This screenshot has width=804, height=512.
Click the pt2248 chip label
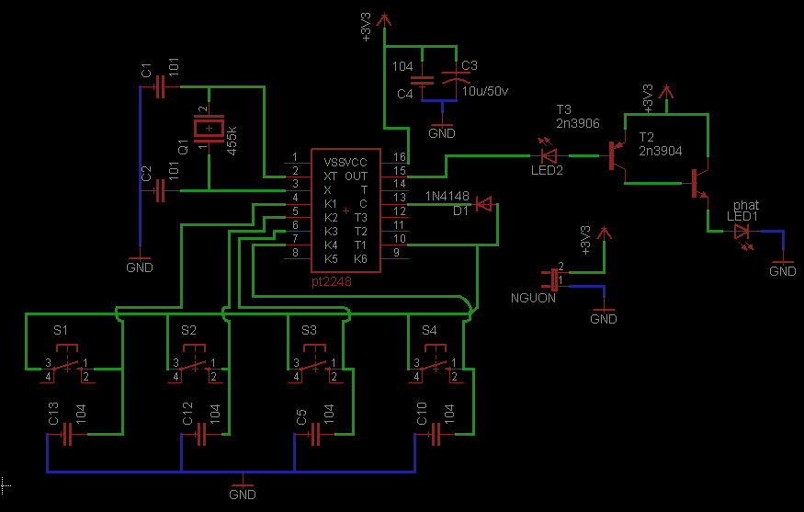[331, 282]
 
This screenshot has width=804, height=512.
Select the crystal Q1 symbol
[209, 131]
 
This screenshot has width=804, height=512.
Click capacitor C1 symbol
[161, 87]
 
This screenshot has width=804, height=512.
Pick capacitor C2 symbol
[161, 190]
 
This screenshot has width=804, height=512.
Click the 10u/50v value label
[484, 91]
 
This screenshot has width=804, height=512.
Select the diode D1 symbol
[484, 204]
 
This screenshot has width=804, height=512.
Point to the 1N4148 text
[447, 196]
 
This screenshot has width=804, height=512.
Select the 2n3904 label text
[660, 150]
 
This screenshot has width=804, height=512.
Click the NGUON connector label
[534, 298]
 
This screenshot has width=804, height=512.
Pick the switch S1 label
[61, 329]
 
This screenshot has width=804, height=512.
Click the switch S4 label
[429, 329]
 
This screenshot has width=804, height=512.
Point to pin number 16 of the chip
[400, 158]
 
